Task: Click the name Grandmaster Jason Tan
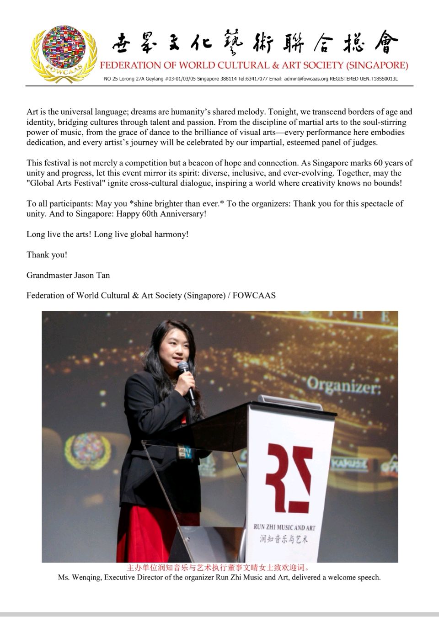coord(68,275)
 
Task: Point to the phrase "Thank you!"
coord(47,255)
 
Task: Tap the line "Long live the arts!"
coord(59,234)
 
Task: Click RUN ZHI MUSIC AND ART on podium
coord(284,527)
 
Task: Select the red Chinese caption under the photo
coord(219,568)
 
